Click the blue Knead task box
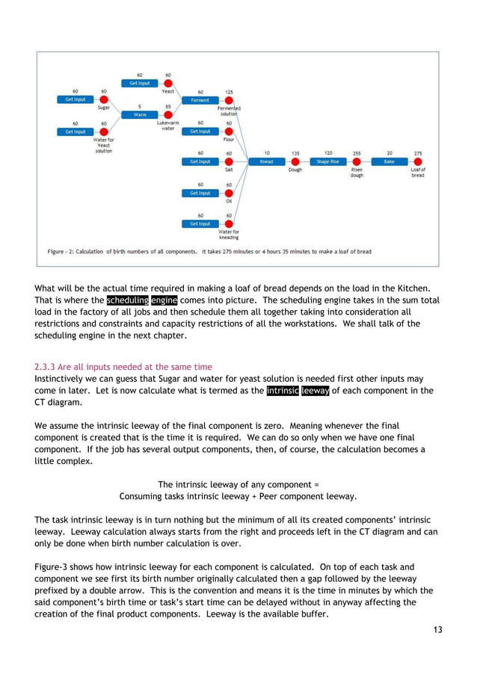point(266,161)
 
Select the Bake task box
point(389,161)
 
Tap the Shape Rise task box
point(327,161)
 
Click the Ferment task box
point(200,99)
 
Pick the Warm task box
point(140,115)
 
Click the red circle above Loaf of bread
point(418,161)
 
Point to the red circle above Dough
point(295,161)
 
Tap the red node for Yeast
point(168,84)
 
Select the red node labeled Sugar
point(104,99)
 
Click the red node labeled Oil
point(229,193)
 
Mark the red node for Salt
point(229,161)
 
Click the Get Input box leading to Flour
point(200,131)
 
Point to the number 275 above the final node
point(418,153)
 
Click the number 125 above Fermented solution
point(229,92)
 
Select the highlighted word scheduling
point(126,300)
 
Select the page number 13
point(437,629)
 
